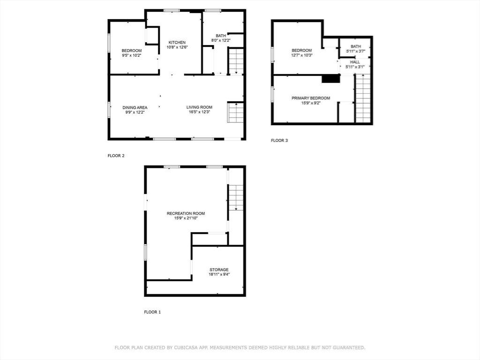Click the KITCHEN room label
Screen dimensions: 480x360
pyautogui.click(x=177, y=42)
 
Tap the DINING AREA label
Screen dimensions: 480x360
pyautogui.click(x=135, y=107)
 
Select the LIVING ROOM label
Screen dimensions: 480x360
pyautogui.click(x=199, y=107)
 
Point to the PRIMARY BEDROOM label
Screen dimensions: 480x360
pyautogui.click(x=311, y=98)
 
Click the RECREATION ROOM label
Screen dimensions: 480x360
pyautogui.click(x=186, y=213)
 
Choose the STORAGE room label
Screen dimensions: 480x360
pyautogui.click(x=219, y=270)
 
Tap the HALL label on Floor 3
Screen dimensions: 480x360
pyautogui.click(x=355, y=62)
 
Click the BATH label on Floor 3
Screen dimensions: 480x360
pyautogui.click(x=356, y=46)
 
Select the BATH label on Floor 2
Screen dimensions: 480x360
pyautogui.click(x=221, y=36)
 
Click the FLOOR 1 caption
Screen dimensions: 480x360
pyautogui.click(x=152, y=312)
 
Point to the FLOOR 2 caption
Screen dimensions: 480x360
pyautogui.click(x=116, y=156)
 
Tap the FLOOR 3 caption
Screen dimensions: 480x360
pyautogui.click(x=279, y=141)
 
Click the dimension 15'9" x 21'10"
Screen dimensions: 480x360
pyautogui.click(x=186, y=218)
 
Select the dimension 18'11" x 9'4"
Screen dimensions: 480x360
pyautogui.click(x=219, y=274)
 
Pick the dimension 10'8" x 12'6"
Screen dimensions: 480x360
pyautogui.click(x=177, y=47)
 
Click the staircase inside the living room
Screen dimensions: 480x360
pyautogui.click(x=235, y=112)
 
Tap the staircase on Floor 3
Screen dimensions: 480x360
pyautogui.click(x=363, y=98)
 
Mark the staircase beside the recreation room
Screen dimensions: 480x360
pyautogui.click(x=236, y=197)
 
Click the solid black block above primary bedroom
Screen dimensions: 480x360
pyautogui.click(x=331, y=79)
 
